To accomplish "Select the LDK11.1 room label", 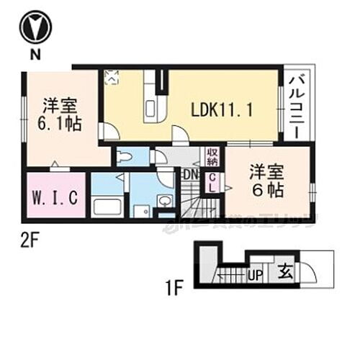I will pyautogui.click(x=221, y=110).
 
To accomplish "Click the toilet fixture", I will pyautogui.click(x=126, y=156).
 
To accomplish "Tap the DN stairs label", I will pyautogui.click(x=190, y=174).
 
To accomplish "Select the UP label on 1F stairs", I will pyautogui.click(x=254, y=274).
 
